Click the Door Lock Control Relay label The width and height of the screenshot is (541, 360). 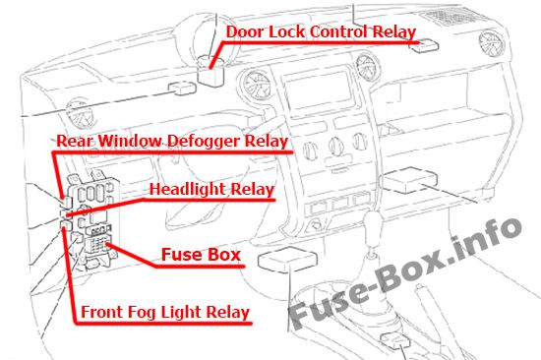click(321, 31)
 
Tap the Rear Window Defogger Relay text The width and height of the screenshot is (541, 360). click(172, 141)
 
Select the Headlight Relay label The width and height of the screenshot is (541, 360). click(211, 189)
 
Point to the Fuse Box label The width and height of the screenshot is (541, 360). click(201, 255)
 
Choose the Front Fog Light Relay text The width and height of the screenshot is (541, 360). click(165, 312)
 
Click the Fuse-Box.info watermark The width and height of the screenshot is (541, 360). click(403, 272)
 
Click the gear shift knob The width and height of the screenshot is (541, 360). click(374, 222)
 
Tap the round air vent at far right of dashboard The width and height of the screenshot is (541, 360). click(491, 43)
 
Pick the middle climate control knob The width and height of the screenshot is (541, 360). click(335, 147)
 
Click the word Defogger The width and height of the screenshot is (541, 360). click(204, 142)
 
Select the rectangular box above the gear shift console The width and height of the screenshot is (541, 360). click(287, 260)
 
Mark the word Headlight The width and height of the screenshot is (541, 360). click(187, 189)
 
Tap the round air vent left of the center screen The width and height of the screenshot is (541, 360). click(257, 85)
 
